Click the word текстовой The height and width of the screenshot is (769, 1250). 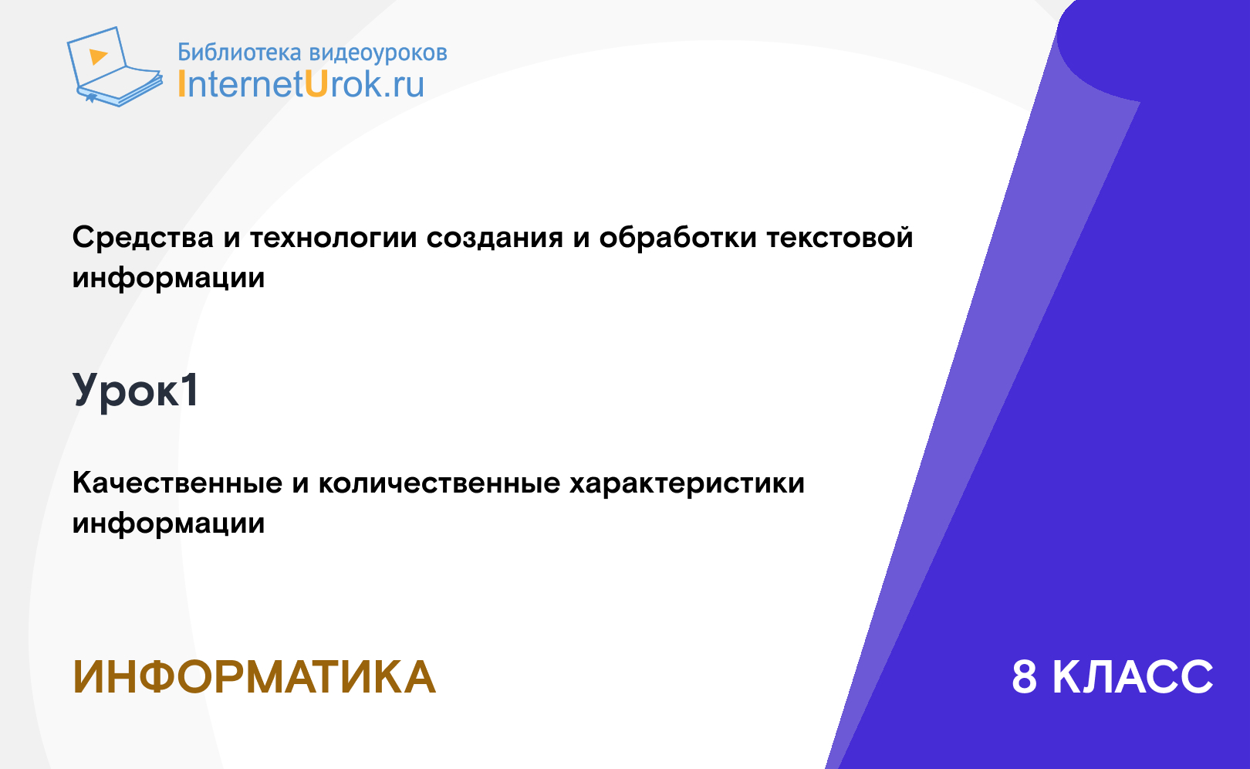(840, 237)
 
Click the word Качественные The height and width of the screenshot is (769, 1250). (177, 483)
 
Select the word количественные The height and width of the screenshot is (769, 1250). (439, 483)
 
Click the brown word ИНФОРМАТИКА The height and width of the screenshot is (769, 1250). (254, 677)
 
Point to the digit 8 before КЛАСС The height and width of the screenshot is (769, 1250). (1024, 677)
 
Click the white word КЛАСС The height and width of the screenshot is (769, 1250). (1133, 677)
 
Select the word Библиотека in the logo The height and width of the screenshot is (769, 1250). (239, 53)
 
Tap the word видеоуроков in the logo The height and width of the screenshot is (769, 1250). (378, 53)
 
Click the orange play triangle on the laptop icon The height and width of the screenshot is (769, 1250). (98, 56)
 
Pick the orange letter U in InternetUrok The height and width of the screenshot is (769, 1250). (316, 83)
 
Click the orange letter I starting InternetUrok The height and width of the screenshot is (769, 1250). (181, 83)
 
